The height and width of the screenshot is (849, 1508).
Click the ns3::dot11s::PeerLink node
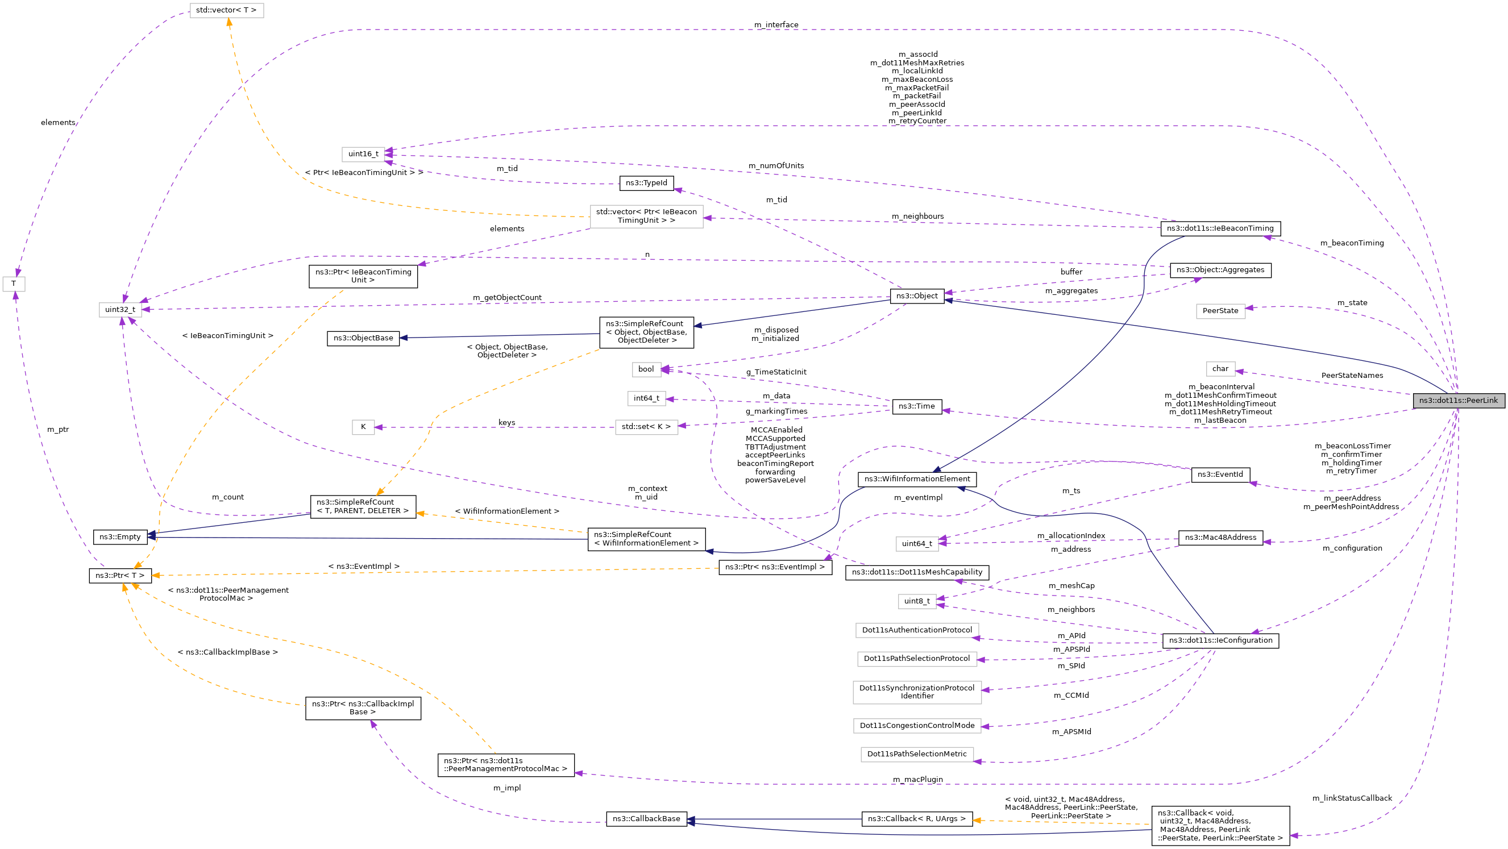click(1457, 401)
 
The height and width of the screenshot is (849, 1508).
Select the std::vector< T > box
click(226, 11)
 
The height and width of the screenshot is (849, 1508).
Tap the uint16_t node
click(363, 155)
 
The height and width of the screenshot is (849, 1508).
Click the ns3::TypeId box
click(646, 183)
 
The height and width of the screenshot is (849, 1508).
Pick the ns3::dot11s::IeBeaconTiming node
click(1220, 229)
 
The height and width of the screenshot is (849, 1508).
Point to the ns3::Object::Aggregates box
click(1220, 270)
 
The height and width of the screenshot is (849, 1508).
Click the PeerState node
click(1220, 311)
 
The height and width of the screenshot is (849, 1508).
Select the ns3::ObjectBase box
click(363, 338)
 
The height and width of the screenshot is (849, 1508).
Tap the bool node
click(646, 369)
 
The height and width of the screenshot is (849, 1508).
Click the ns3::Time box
click(917, 407)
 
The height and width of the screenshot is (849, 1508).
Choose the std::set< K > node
click(646, 427)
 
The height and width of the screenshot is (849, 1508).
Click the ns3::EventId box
click(1220, 475)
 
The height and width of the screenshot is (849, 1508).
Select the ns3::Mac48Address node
click(1220, 538)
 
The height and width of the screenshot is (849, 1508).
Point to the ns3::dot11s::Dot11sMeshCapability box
click(917, 572)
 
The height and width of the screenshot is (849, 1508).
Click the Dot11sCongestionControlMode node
click(917, 726)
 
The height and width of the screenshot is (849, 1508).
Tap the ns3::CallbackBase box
click(646, 819)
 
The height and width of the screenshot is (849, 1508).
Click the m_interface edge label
click(776, 24)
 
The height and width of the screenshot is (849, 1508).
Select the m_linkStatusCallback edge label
click(1352, 798)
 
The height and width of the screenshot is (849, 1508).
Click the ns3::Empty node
click(120, 537)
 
